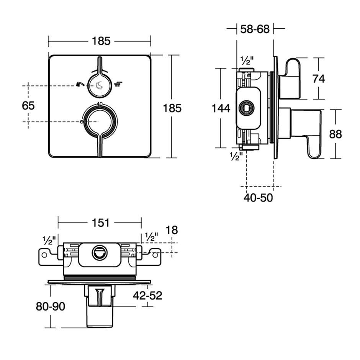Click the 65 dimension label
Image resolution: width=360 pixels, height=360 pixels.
pos(28,106)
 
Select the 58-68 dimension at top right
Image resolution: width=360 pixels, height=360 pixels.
pos(255,29)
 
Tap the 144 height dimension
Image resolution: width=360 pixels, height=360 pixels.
pos(221,108)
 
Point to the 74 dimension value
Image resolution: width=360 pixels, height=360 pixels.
pos(319,79)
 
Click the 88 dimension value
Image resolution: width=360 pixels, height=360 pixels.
pos(335,134)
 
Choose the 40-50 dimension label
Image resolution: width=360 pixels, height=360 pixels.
pos(258,198)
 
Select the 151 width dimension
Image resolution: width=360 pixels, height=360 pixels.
pos(101,223)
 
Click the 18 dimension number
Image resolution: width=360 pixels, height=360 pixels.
pos(172,230)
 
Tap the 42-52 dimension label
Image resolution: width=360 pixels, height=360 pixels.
pos(147,296)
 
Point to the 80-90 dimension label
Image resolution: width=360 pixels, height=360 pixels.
pos(51,306)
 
